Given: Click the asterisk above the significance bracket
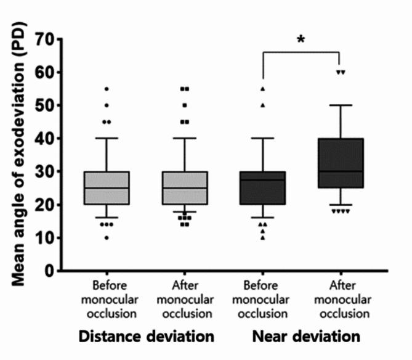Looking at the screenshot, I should pos(301,40).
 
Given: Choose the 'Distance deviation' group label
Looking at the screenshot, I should pos(145,337).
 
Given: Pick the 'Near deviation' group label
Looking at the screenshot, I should pos(305,337).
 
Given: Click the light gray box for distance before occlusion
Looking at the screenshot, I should pos(107,188).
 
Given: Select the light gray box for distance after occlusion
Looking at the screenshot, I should pos(185,188).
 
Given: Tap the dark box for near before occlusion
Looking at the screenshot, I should pos(262,188).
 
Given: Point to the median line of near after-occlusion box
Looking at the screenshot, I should pos(340,171).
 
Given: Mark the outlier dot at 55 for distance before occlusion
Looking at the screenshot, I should pos(107,89).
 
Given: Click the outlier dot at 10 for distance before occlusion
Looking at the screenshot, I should pos(107,237).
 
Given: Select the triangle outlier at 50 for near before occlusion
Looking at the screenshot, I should pos(262,105).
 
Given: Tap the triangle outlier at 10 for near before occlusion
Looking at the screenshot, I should pos(262,237).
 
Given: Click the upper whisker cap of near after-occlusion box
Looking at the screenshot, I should pos(340,105).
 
